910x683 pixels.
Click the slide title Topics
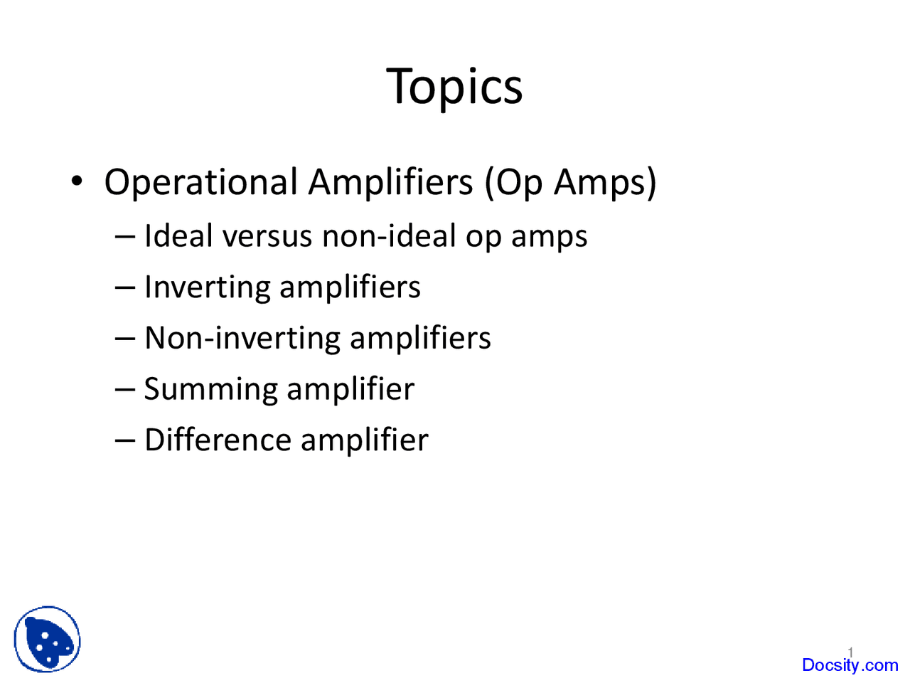[x=454, y=87]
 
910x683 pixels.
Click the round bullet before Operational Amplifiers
[x=77, y=181]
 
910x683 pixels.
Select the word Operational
[x=201, y=183]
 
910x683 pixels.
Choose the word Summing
[x=210, y=390]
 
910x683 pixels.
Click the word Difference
[x=218, y=440]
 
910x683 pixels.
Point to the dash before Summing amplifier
[x=125, y=390]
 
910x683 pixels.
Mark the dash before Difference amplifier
[x=125, y=441]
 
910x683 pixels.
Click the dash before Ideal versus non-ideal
[x=125, y=237]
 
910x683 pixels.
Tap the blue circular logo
[x=47, y=639]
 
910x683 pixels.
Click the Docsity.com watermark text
[x=850, y=665]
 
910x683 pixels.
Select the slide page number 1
[x=850, y=652]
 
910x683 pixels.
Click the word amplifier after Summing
[x=350, y=390]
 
